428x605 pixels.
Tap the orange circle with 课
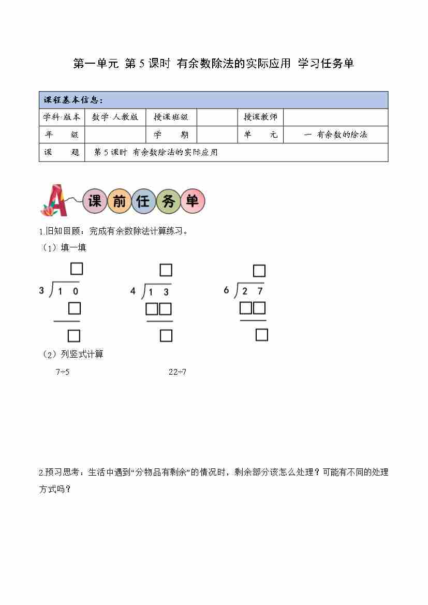95,201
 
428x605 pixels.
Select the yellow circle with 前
120,201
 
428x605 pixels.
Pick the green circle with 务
169,201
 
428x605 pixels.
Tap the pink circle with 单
193,201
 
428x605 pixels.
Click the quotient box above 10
77,269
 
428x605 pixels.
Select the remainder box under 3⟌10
74,336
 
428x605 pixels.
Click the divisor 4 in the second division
133,291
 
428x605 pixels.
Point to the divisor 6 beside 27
226,290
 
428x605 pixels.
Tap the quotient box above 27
259,271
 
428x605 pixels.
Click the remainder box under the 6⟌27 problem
262,335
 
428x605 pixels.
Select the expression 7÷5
62,372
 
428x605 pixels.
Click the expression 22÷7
178,372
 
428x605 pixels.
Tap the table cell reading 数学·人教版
115,117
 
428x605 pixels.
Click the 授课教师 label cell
260,117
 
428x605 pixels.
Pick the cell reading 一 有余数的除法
336,135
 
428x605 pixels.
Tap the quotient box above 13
166,270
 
